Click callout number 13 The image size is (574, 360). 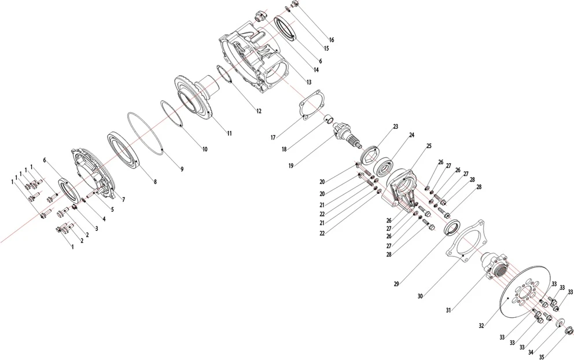(x=309, y=82)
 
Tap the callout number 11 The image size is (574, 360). (x=230, y=133)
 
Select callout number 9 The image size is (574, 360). (x=182, y=169)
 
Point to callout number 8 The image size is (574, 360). (x=155, y=182)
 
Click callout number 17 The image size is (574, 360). (x=273, y=138)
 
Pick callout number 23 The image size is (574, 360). (x=396, y=127)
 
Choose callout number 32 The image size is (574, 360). (x=481, y=326)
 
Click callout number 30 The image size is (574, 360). (x=420, y=296)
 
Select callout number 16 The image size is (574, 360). (x=332, y=40)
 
